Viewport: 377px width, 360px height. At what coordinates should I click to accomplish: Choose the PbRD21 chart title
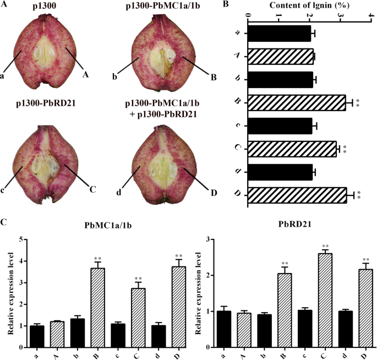click(x=288, y=226)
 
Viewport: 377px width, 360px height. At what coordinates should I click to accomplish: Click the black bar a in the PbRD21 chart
click(x=223, y=329)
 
